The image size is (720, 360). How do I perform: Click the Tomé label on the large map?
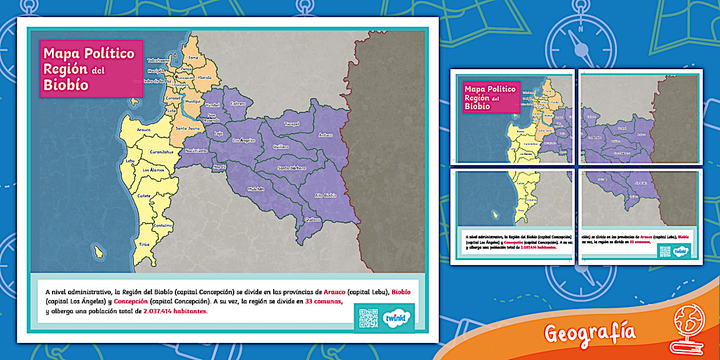click(x=193, y=58)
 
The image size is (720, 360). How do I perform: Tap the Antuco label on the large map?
click(x=326, y=135)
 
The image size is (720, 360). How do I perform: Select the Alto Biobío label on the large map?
click(x=326, y=195)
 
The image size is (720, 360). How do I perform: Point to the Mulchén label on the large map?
click(x=256, y=189)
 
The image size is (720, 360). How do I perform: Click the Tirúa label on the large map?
click(x=144, y=244)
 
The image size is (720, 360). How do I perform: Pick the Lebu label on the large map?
click(x=130, y=161)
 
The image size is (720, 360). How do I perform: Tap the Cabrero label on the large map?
click(x=238, y=103)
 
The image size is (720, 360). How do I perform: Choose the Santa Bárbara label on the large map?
click(x=291, y=168)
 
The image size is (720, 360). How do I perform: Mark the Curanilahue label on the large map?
click(x=162, y=152)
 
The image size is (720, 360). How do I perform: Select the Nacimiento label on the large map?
click(x=197, y=150)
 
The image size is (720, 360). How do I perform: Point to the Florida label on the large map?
click(x=205, y=77)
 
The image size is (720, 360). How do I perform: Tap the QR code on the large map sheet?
click(x=369, y=318)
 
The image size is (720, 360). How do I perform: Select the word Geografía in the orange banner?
click(x=590, y=332)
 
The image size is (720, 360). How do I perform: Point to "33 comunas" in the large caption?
click(x=323, y=301)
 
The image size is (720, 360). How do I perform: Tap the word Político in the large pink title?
click(x=109, y=54)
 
